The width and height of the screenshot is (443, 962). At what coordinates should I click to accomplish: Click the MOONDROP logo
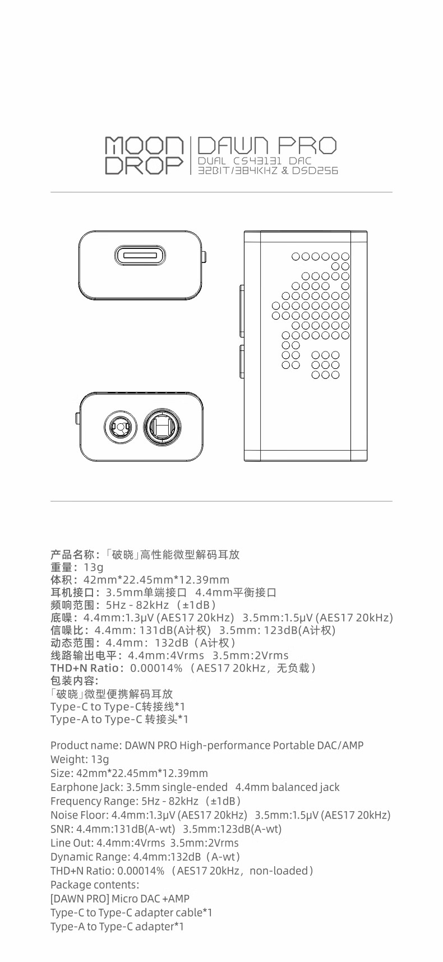(x=144, y=155)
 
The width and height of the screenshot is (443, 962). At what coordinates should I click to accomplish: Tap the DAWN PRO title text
(x=267, y=146)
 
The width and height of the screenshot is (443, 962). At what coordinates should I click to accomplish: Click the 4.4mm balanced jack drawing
(x=162, y=429)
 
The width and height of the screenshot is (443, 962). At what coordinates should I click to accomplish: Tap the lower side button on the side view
(x=242, y=368)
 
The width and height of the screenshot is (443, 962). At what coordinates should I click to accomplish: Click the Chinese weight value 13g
(x=94, y=567)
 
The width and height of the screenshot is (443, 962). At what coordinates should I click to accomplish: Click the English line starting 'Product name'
(x=207, y=746)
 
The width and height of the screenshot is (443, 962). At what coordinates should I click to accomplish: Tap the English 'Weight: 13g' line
(x=80, y=760)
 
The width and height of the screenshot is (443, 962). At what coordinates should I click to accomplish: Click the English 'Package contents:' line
(x=95, y=885)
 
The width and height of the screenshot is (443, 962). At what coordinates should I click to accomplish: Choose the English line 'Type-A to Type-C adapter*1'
(x=117, y=927)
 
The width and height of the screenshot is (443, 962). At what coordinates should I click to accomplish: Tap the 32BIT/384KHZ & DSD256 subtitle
(x=268, y=170)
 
